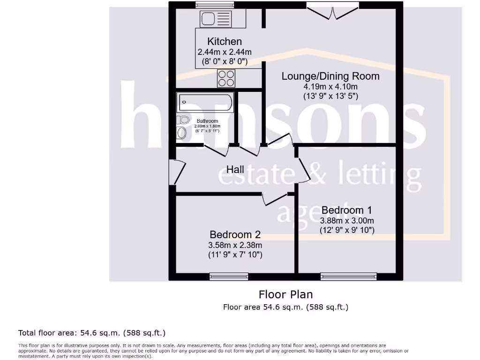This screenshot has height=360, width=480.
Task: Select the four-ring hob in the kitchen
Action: [226, 78]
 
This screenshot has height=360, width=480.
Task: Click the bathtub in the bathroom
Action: [205, 102]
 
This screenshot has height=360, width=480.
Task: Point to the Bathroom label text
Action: [207, 121]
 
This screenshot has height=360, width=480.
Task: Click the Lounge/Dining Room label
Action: [330, 76]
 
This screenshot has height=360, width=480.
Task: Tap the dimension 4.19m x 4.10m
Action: [330, 87]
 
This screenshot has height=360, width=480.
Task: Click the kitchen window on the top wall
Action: [215, 5]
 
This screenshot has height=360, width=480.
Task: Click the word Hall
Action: [235, 169]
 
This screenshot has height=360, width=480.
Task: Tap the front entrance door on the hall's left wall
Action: [177, 172]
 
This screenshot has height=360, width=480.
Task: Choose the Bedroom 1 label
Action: [346, 210]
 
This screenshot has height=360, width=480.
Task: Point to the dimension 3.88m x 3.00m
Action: [346, 220]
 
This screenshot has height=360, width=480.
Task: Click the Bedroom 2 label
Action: [235, 234]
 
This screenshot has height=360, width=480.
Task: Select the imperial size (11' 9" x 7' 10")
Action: [235, 255]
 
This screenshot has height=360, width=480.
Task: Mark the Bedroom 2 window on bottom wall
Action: [229, 277]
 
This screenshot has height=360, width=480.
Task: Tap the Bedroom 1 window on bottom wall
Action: [348, 277]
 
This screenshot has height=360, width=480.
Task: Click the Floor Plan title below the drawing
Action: [285, 294]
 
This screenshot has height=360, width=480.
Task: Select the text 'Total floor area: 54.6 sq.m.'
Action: [69, 333]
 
